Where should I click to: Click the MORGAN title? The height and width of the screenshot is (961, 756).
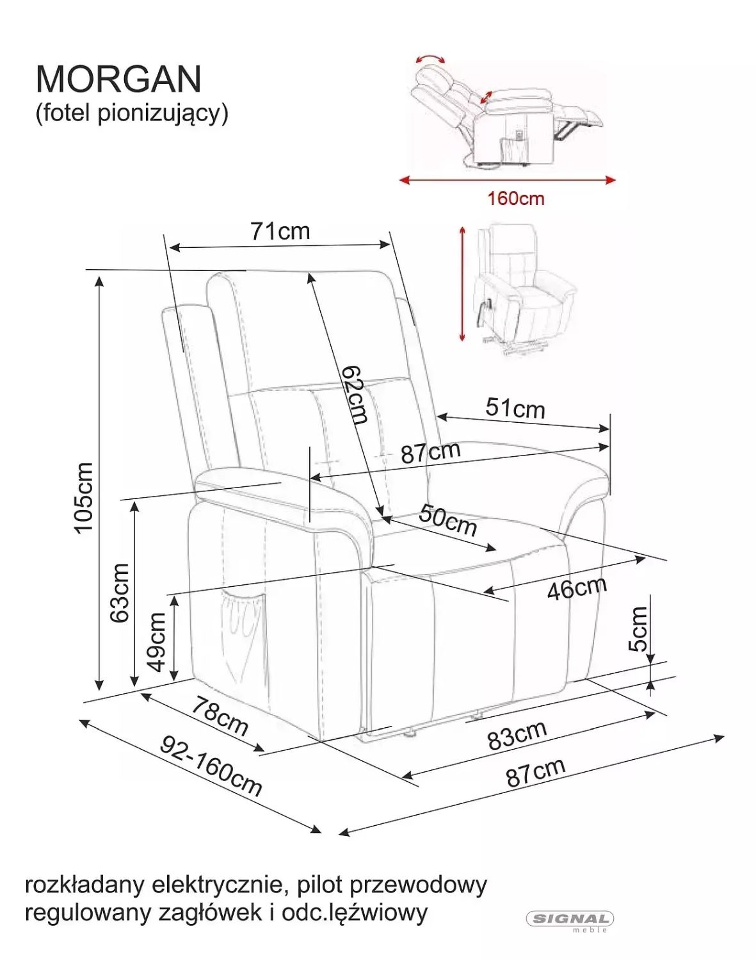point(118,79)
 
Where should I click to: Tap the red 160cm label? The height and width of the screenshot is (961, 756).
point(515,198)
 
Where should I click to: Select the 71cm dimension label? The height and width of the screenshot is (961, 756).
point(280,231)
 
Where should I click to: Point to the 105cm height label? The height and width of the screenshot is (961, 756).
point(84,497)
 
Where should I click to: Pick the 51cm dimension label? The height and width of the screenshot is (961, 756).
point(515,407)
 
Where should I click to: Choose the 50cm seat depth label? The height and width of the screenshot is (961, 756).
point(448,520)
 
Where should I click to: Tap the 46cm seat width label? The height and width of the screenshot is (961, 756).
point(577,588)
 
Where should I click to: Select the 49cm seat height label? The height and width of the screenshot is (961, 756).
point(157,642)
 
